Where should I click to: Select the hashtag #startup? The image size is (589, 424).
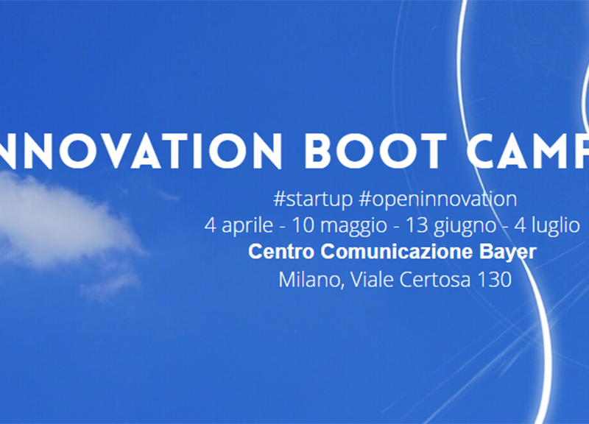pos(313,199)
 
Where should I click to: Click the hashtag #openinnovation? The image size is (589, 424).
pos(437,199)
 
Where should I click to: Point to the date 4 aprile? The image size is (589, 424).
pos(239,226)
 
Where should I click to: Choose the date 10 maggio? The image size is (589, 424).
pos(339,226)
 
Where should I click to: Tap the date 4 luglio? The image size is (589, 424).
pos(547,226)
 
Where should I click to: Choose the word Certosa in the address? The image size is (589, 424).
pos(435,280)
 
